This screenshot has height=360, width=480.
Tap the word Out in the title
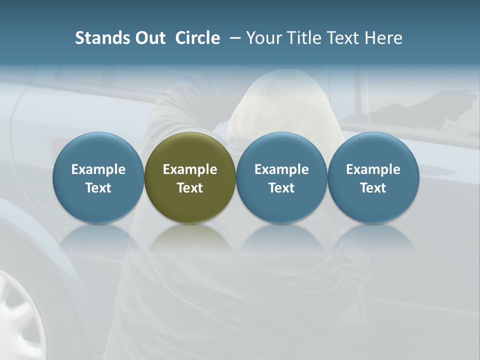[x=149, y=38]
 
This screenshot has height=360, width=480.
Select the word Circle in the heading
[x=197, y=38]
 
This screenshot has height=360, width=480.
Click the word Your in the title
[x=262, y=38]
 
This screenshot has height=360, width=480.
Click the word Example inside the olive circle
[x=190, y=169]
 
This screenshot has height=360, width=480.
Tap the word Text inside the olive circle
[x=190, y=188]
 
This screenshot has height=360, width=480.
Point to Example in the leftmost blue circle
[x=98, y=169]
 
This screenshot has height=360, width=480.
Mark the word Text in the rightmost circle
[x=373, y=188]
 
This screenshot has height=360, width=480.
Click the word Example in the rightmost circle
[x=373, y=169]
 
